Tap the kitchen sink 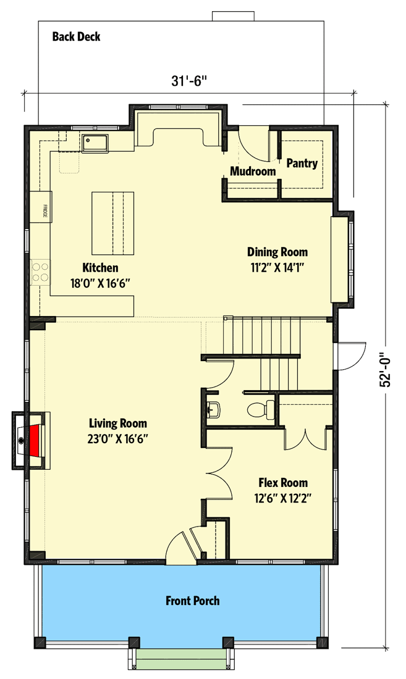pos(94,143)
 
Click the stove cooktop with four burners pos(40,272)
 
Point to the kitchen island pos(113,223)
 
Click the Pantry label pos(302,164)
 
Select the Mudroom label pos(253,172)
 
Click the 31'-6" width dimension pos(187,81)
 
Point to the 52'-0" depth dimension pos(387,365)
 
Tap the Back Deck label pos(76,37)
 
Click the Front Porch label pos(192,601)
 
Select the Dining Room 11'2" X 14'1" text pos(277,259)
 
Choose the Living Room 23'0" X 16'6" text pos(118,431)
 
